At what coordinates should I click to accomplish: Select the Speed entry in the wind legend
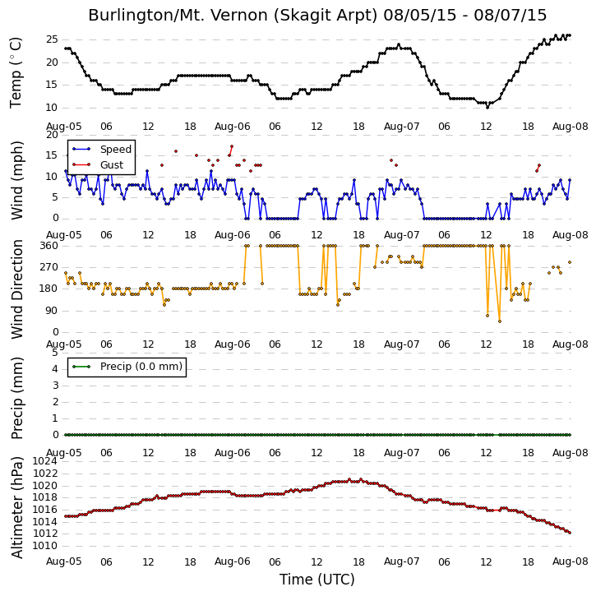coord(116,150)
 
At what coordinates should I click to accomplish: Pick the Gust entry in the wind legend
coord(111,165)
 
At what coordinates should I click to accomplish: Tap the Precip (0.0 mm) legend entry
coord(141,367)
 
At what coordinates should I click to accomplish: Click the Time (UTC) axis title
coord(317,580)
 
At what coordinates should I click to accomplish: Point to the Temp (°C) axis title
coord(16,72)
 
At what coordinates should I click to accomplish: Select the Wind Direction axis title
coord(16,289)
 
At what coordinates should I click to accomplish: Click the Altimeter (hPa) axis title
coord(16,507)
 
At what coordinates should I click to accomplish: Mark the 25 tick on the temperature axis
coord(52,39)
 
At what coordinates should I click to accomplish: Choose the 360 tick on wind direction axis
coord(49,246)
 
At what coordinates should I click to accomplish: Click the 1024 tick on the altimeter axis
coord(45,461)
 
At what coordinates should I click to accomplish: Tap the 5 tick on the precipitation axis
coord(55,353)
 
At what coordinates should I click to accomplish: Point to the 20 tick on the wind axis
coord(52,135)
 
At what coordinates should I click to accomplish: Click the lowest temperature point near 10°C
coord(487,107)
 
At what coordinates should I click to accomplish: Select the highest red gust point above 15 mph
coord(232,146)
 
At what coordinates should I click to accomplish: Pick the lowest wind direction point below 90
coord(500,321)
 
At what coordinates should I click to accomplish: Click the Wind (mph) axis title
coord(16,180)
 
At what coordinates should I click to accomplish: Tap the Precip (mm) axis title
coord(16,398)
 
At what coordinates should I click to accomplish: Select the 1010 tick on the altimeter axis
coord(45,546)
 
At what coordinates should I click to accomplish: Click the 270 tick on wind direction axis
coord(49,267)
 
